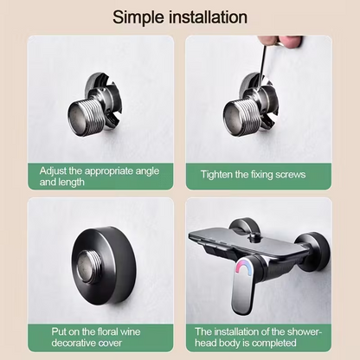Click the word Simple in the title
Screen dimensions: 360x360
coord(138,17)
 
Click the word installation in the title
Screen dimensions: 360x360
coord(208,17)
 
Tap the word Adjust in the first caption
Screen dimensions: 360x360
coord(53,171)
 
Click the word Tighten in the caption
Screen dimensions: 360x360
coord(216,175)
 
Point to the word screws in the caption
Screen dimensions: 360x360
coord(290,175)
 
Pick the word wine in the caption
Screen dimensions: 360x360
coord(130,331)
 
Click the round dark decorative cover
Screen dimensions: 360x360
coord(105,266)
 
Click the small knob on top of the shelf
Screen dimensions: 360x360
coord(254,237)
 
